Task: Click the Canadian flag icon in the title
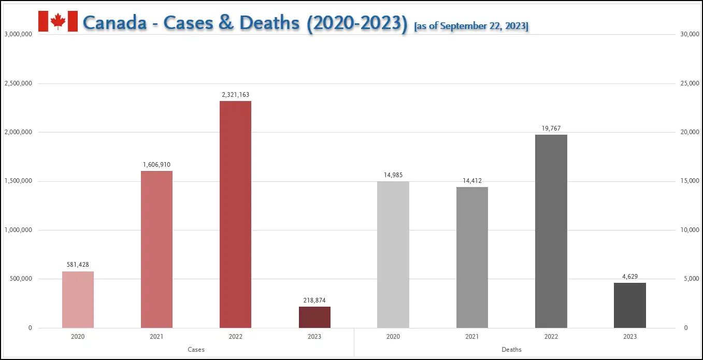[58, 21]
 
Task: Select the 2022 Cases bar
[235, 214]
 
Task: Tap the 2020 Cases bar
[78, 299]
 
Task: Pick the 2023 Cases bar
[314, 317]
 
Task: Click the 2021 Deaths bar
[472, 257]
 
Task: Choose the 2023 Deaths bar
[629, 305]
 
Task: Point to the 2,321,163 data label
[235, 95]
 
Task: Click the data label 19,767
[551, 128]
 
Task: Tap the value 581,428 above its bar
[78, 265]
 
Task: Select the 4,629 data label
[629, 276]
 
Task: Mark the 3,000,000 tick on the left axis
[19, 34]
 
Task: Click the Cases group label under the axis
[196, 350]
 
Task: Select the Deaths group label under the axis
[511, 350]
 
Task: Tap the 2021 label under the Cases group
[156, 337]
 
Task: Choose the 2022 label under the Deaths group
[551, 337]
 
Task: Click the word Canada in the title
[114, 23]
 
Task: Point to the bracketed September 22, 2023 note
[471, 26]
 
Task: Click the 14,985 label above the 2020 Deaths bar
[393, 175]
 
